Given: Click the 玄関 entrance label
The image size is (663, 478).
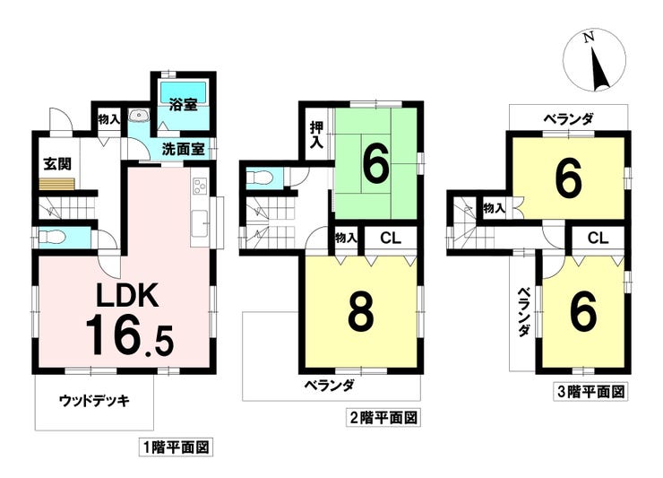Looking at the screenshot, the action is pyautogui.click(x=58, y=164).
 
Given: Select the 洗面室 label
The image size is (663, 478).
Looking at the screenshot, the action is pyautogui.click(x=184, y=149).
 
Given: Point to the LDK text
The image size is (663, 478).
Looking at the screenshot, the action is pyautogui.click(x=128, y=295).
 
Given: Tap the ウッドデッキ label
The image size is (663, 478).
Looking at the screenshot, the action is pyautogui.click(x=94, y=401).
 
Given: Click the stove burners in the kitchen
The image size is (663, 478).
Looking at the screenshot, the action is pyautogui.click(x=199, y=187).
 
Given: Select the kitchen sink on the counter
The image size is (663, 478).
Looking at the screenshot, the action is pyautogui.click(x=199, y=222).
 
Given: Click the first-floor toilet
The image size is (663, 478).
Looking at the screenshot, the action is pyautogui.click(x=52, y=237).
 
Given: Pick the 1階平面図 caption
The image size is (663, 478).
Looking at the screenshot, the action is pyautogui.click(x=176, y=448).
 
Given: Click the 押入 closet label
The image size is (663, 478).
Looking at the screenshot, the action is pyautogui.click(x=316, y=135).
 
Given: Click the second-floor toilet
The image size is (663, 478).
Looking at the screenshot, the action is pyautogui.click(x=260, y=177).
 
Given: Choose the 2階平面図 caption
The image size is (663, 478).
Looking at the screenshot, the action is pyautogui.click(x=383, y=418).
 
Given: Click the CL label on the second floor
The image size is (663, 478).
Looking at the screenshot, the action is pyautogui.click(x=391, y=239).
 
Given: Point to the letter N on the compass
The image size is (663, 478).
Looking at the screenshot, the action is pyautogui.click(x=588, y=38).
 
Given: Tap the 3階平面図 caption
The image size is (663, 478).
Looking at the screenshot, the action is pyautogui.click(x=590, y=392).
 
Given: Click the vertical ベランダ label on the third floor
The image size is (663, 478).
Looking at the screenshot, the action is pyautogui.click(x=524, y=312).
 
